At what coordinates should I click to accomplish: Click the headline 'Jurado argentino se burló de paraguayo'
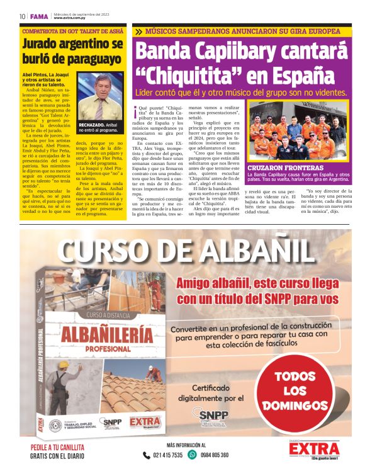click(72, 52)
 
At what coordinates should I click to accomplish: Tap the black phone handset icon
click(146, 455)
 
